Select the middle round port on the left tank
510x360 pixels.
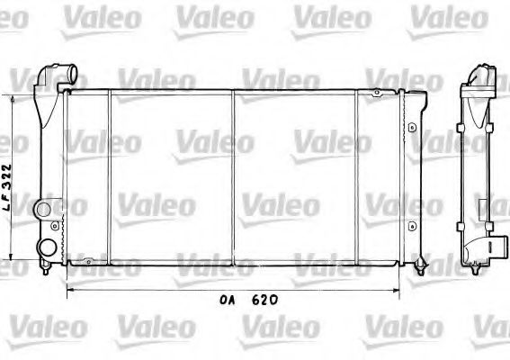click(42, 209)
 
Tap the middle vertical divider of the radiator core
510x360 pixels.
click(234, 175)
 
